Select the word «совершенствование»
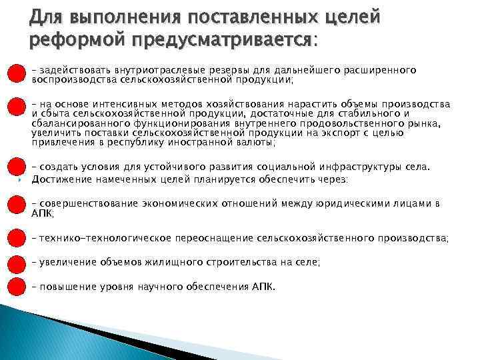point(83,203)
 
